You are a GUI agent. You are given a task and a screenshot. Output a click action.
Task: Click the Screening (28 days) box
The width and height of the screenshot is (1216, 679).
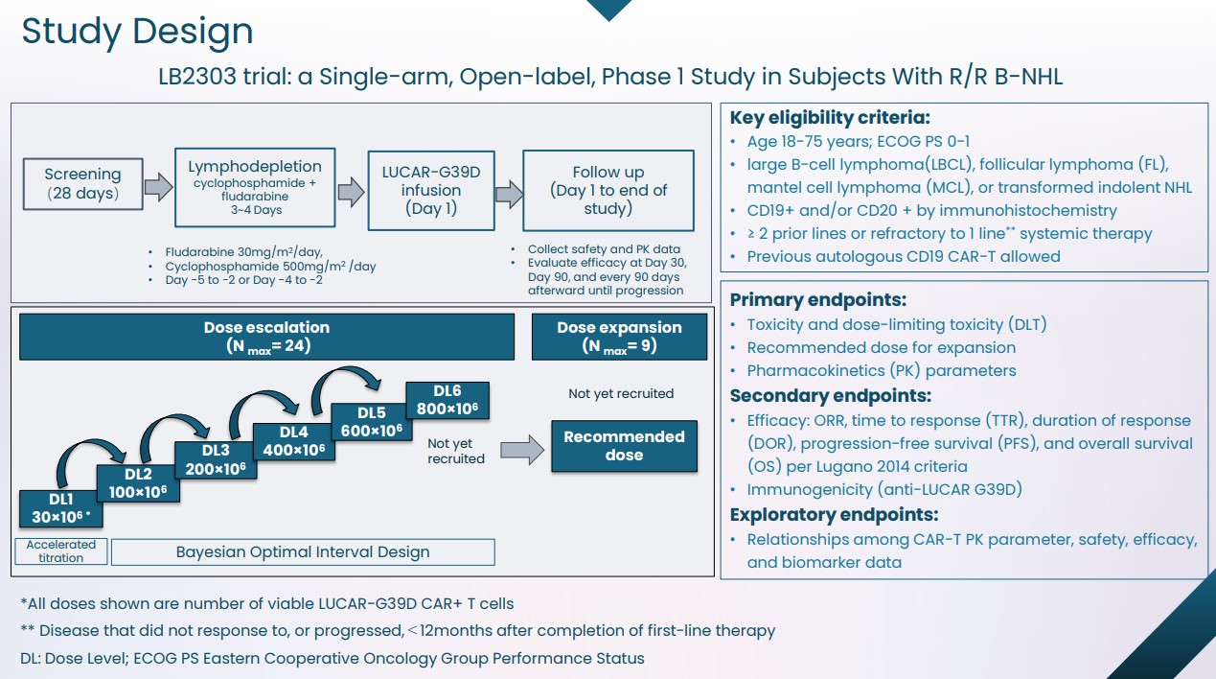click(82, 183)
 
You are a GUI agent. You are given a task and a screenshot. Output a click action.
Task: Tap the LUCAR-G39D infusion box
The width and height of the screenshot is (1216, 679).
click(431, 190)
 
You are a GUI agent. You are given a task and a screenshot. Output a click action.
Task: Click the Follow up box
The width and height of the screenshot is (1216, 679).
click(608, 190)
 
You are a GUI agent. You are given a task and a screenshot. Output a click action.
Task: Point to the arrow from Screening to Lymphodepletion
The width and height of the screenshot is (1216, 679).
click(158, 184)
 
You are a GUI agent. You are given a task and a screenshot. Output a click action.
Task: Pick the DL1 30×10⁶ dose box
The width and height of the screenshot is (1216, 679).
click(60, 508)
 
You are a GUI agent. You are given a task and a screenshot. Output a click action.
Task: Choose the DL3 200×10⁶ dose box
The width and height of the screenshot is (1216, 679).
click(216, 459)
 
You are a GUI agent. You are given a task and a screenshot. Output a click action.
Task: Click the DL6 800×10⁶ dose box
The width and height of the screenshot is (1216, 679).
click(447, 400)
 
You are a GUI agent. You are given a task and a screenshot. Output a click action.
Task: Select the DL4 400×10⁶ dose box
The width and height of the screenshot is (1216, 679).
click(294, 441)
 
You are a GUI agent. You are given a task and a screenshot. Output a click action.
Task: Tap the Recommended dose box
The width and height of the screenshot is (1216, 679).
click(624, 446)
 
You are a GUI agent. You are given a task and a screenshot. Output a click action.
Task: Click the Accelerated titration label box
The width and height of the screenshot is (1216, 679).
click(60, 551)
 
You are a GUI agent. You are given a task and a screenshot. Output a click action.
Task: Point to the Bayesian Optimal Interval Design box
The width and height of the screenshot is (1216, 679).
click(303, 551)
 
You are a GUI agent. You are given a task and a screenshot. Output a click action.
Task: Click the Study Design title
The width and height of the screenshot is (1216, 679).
click(137, 31)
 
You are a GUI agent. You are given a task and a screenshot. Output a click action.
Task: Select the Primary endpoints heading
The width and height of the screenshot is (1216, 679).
click(817, 299)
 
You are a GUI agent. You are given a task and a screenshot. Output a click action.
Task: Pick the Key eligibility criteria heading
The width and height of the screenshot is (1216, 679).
click(830, 118)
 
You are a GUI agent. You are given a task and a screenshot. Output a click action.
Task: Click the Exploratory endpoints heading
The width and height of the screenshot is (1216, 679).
click(834, 515)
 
